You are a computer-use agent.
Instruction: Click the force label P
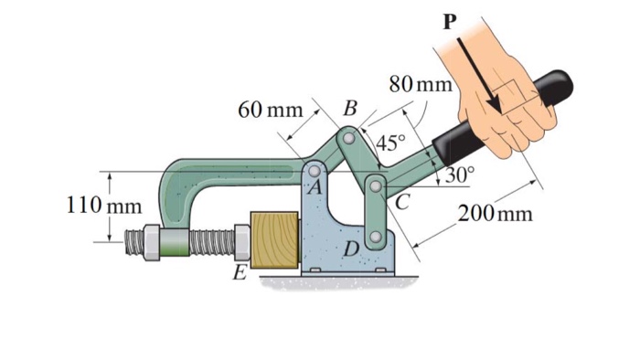coord(448,21)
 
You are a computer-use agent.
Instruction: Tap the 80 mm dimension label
coord(421,85)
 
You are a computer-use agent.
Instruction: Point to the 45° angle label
coord(391,143)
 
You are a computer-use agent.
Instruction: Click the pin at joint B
coord(348,139)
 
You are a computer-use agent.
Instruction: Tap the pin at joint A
coord(315,170)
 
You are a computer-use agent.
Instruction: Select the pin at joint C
coord(376,185)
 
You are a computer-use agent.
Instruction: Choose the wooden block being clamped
coord(275,240)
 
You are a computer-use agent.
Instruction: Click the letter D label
coord(352,248)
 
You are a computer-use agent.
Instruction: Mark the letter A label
coord(315,188)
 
